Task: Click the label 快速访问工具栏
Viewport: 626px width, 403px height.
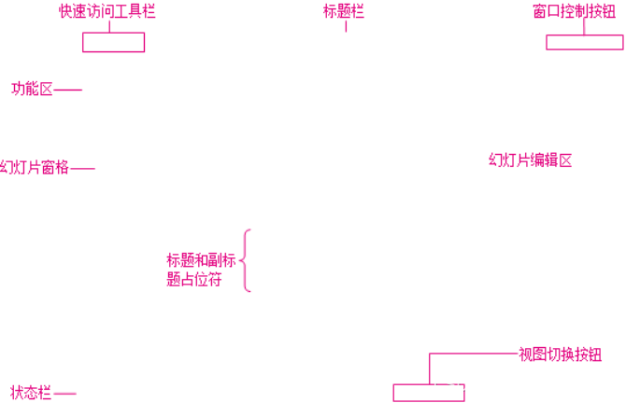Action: [107, 11]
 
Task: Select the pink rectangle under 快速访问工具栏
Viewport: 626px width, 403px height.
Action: [113, 42]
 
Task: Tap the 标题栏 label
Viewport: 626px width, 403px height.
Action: [344, 11]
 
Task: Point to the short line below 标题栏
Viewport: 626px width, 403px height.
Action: [346, 26]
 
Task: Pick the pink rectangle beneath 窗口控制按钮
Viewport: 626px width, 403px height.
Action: [585, 42]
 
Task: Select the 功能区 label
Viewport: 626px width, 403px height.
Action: [32, 90]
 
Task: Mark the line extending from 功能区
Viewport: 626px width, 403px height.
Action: [68, 90]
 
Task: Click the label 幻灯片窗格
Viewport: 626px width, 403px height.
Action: [35, 168]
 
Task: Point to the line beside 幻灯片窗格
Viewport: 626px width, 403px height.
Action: [82, 169]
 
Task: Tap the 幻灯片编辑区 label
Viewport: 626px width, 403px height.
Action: [530, 160]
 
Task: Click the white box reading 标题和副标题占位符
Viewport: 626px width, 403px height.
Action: [203, 270]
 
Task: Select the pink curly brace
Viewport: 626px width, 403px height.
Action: [247, 260]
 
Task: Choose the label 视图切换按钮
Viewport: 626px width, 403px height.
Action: [560, 354]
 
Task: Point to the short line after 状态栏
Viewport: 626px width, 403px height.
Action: [64, 394]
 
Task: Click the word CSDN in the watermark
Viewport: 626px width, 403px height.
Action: [456, 384]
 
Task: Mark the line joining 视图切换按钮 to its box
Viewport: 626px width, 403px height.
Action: [472, 354]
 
